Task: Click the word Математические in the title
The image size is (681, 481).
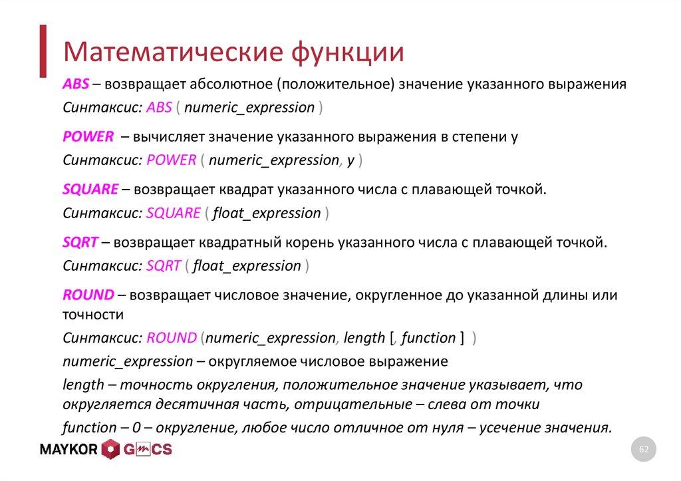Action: coord(169,51)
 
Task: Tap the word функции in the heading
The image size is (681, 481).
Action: coord(344,51)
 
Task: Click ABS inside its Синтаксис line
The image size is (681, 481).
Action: coord(159,108)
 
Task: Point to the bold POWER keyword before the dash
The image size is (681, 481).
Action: coord(88,137)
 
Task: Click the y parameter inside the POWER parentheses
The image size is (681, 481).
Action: coord(350,160)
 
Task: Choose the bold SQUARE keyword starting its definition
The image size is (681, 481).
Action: coord(90,190)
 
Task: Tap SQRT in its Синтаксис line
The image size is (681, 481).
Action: coord(163,266)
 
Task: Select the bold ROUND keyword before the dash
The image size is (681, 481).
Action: coord(88,295)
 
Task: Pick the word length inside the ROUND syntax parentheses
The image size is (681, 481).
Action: coord(365,338)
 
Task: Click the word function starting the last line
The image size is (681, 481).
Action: coord(89,428)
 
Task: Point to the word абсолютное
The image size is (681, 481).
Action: coord(231,85)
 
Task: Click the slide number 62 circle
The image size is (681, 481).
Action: coord(643,450)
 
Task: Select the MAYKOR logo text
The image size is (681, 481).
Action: coord(69,450)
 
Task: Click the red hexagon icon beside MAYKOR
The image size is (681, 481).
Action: coord(110,450)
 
